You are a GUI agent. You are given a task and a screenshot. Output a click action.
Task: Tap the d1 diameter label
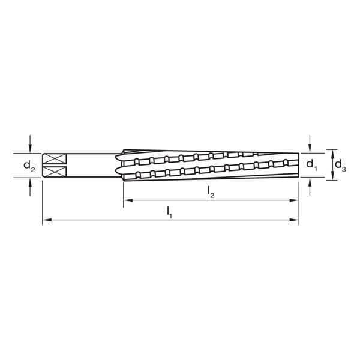point(310,164)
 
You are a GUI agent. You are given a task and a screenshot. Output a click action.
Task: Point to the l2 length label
point(211,191)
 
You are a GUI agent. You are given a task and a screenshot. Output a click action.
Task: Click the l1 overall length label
point(170,211)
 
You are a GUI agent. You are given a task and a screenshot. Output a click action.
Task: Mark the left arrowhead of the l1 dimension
point(46,221)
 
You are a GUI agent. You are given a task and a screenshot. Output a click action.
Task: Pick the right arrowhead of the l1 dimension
point(295,221)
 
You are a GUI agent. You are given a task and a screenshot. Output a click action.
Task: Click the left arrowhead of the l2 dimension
point(127,201)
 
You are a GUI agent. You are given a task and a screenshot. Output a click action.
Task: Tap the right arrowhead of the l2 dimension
point(295,201)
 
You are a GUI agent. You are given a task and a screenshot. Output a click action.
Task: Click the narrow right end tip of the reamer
point(296,164)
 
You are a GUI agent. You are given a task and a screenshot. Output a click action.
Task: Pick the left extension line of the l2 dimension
point(123,192)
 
